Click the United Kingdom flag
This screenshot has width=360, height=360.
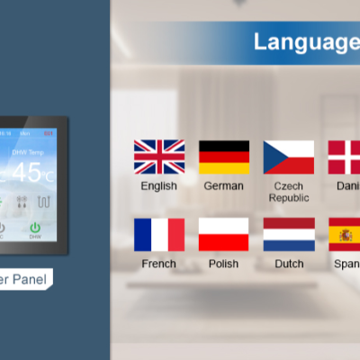159,157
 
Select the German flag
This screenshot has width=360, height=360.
223,157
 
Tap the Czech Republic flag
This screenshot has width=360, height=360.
288,157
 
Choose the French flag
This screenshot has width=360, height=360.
159,234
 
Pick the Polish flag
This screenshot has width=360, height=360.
223,234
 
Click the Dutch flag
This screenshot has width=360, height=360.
288,234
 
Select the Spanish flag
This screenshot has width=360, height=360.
345,234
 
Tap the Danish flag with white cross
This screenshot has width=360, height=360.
345,157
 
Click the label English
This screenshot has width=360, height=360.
159,186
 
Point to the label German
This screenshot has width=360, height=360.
223,186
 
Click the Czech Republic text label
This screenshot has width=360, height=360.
289,192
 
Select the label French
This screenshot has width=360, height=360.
159,265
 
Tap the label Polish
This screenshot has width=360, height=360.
223,265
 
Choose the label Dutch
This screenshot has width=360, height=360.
288,265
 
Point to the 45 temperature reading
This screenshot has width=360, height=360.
27,172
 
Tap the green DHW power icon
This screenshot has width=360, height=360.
35,229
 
